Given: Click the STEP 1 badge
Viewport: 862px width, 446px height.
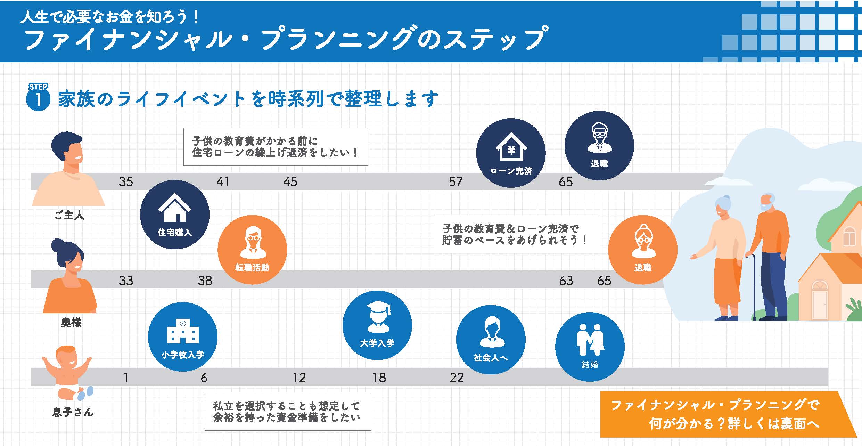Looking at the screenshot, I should point(38,98).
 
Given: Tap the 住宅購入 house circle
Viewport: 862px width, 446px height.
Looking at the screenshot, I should point(175,214).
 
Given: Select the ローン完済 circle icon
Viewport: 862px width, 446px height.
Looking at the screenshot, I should point(511,153).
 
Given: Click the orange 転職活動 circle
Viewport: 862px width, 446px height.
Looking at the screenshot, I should point(252,250).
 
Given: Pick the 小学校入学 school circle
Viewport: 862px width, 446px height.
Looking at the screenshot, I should point(183,337).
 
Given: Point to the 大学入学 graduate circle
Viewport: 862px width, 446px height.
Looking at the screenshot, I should point(377,325).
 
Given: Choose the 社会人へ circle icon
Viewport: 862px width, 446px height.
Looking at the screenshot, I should point(491,340).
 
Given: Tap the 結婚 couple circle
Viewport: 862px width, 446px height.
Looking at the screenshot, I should point(590,347).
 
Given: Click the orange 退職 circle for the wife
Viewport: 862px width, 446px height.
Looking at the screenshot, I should point(643,250).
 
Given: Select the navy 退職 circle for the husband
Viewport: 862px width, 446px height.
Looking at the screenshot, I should point(599,146).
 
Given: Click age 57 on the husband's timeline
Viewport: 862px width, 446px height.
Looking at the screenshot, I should point(455,182).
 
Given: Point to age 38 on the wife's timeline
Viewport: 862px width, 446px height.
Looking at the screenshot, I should point(205,281).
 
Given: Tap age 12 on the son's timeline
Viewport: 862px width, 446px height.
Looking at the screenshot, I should point(299,378).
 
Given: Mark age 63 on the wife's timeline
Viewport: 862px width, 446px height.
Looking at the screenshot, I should point(566,281).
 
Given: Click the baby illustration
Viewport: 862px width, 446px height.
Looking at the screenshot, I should point(68,372).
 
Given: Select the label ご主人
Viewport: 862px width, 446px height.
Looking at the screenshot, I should point(69,216).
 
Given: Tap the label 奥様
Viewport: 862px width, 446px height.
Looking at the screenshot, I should point(71,323).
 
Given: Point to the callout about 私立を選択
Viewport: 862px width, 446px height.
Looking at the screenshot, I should point(288,412).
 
